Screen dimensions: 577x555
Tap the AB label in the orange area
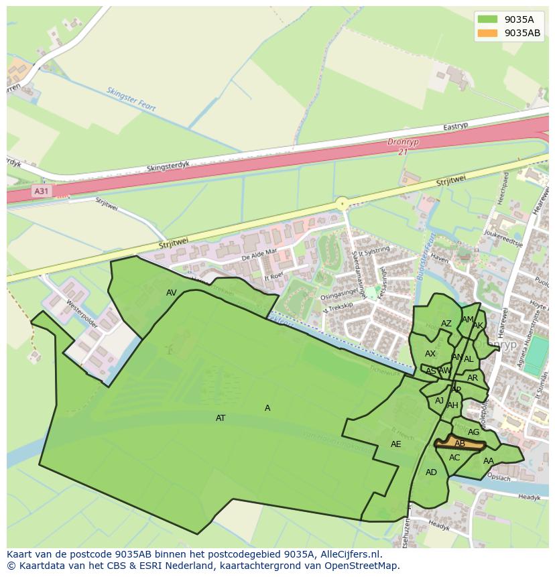tap(460, 444)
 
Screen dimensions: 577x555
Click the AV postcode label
tap(172, 293)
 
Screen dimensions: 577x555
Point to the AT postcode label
tap(221, 418)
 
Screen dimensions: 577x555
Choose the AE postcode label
tap(396, 444)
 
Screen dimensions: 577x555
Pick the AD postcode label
tap(431, 472)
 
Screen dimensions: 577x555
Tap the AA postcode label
tap(489, 461)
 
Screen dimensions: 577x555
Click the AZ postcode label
tap(446, 324)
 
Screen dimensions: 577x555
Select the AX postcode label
tap(430, 354)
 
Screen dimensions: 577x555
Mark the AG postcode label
tap(474, 432)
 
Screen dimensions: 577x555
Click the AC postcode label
tap(454, 458)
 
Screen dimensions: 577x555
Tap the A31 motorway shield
tap(42, 191)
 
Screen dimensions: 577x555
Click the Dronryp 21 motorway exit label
tap(402, 147)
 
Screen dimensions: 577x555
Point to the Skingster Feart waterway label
tap(131, 99)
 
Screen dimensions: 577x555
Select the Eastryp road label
tap(455, 127)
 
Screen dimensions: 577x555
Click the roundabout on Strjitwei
tap(343, 203)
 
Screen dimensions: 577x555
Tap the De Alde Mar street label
tap(259, 254)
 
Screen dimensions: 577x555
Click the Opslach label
tap(499, 478)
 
